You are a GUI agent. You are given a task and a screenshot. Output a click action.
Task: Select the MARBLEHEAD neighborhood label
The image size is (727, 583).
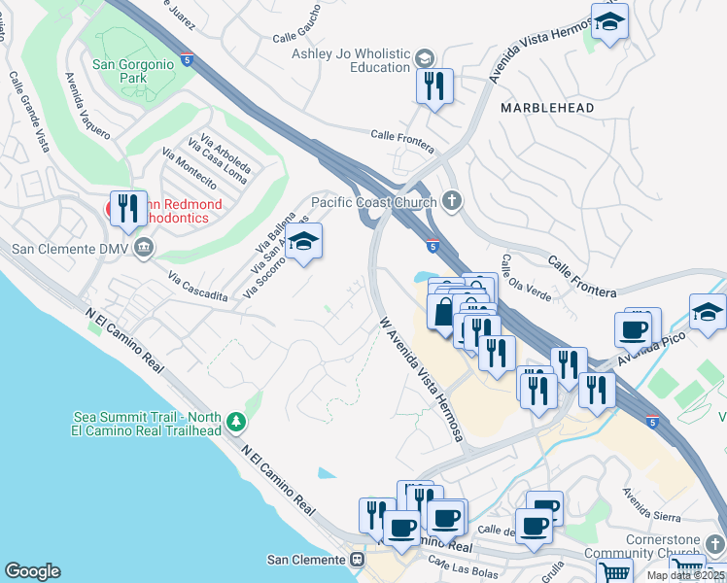click(547, 108)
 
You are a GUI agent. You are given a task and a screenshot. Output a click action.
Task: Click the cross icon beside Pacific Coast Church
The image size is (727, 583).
click(449, 202)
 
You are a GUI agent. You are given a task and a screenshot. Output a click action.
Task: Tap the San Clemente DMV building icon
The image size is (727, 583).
click(144, 248)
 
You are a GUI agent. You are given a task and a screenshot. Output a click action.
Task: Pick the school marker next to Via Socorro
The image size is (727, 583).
click(304, 244)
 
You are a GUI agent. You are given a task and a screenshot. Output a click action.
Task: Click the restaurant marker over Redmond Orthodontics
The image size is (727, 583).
click(127, 208)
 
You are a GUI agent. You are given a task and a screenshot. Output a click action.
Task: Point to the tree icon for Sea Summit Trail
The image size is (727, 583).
click(235, 422)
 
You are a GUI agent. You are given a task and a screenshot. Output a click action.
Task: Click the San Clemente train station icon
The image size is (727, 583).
click(358, 560)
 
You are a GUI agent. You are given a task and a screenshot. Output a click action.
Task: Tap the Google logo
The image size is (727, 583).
click(32, 571)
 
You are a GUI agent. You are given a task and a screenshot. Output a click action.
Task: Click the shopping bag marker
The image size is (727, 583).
click(444, 313)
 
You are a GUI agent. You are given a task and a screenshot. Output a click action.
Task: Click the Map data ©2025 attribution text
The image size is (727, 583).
click(686, 575)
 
